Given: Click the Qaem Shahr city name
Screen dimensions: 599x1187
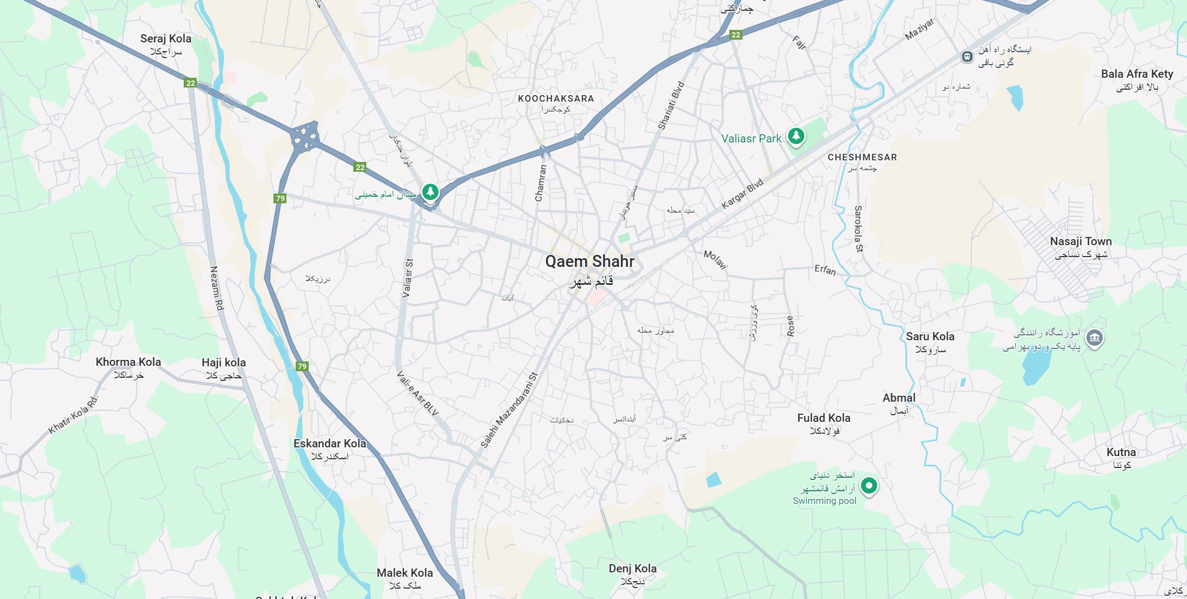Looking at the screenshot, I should tap(590, 261).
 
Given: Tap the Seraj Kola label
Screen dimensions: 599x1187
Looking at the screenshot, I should tap(166, 39).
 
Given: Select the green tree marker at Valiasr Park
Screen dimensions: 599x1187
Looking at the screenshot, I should tap(796, 135).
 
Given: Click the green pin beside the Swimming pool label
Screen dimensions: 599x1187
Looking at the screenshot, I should tap(869, 485).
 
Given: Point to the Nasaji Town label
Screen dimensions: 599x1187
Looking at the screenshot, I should tap(1080, 241).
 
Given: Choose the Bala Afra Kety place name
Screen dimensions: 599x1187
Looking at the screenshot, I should tap(1137, 74).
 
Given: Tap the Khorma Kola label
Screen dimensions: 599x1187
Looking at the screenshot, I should tap(128, 362).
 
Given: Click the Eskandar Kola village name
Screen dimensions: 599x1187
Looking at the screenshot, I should tap(330, 444).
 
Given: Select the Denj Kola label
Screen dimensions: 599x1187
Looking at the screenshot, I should tap(633, 569).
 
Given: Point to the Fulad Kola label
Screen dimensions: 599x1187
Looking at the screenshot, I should tap(823, 418).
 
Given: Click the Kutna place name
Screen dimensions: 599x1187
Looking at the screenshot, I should tap(1121, 452).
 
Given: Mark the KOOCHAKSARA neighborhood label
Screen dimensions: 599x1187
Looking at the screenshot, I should tap(556, 98).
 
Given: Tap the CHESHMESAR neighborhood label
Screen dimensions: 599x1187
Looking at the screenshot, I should tap(862, 157).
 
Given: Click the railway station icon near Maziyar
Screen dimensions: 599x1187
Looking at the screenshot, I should tap(967, 57).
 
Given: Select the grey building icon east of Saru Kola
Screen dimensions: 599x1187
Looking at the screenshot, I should tap(1094, 338).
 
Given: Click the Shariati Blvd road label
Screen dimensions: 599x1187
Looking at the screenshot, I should tap(671, 105).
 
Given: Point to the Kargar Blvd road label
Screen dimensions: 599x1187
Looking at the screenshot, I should tap(742, 194).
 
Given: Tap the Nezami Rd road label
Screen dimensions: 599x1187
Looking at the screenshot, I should tap(217, 288).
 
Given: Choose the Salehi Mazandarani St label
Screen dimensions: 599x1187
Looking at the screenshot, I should tap(509, 410).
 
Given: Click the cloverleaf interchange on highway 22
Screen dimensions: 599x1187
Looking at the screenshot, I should tap(305, 136).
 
